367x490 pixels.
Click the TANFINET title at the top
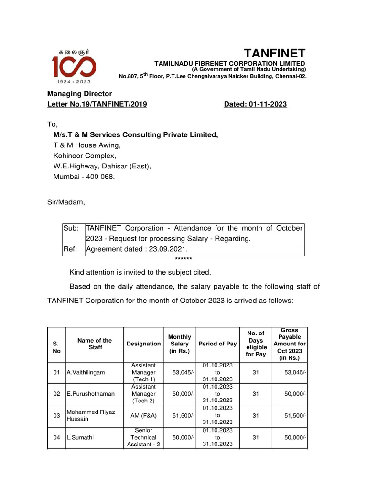click(x=275, y=53)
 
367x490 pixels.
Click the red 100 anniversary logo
click(x=74, y=67)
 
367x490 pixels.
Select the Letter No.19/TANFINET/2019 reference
click(x=97, y=104)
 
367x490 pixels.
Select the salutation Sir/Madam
click(x=65, y=202)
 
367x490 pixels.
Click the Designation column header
click(x=143, y=344)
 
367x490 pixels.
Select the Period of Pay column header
click(x=217, y=344)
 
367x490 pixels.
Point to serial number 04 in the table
click(x=56, y=438)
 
